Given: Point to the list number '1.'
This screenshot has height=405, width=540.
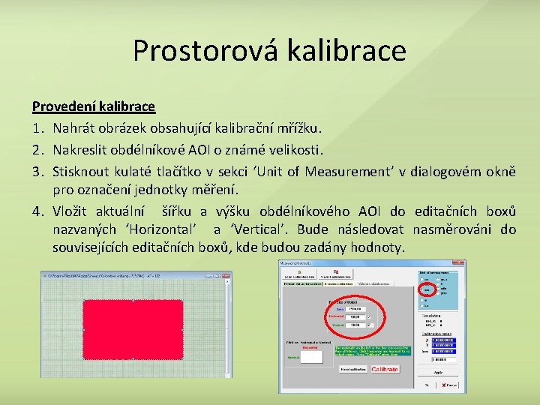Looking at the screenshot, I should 38,128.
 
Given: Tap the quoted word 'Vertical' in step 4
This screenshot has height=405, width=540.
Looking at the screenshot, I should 258,229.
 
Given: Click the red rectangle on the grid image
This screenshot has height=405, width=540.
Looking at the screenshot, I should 133,326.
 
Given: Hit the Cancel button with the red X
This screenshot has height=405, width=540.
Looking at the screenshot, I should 450,385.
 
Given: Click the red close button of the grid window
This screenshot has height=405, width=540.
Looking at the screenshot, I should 226,275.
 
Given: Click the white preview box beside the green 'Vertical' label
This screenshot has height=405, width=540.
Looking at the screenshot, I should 310,357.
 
